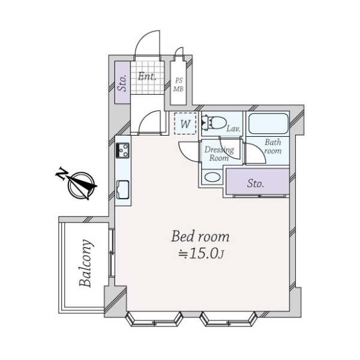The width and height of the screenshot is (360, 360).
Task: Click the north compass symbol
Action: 82,185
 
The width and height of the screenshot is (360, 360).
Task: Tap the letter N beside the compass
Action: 62,173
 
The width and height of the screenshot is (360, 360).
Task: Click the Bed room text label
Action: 200,236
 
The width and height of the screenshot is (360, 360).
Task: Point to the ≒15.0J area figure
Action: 201,254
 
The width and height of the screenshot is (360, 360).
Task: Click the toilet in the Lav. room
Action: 214,122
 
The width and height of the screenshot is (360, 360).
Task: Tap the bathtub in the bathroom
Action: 268,124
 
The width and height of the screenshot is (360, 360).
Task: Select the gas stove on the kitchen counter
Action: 122,151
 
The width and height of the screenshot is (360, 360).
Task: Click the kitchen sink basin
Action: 123,190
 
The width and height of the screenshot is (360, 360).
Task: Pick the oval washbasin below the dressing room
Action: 212,177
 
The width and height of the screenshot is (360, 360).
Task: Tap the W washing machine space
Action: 185,124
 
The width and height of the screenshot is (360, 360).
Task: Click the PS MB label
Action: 179,85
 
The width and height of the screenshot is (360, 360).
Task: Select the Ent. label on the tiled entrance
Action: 147,76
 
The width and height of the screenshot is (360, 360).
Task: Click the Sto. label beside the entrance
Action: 123,83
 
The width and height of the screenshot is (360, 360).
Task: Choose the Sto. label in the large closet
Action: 256,184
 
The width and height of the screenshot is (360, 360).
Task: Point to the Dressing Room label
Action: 219,154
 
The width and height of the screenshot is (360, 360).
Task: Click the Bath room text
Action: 273,146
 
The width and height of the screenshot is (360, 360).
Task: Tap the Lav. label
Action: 233,128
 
